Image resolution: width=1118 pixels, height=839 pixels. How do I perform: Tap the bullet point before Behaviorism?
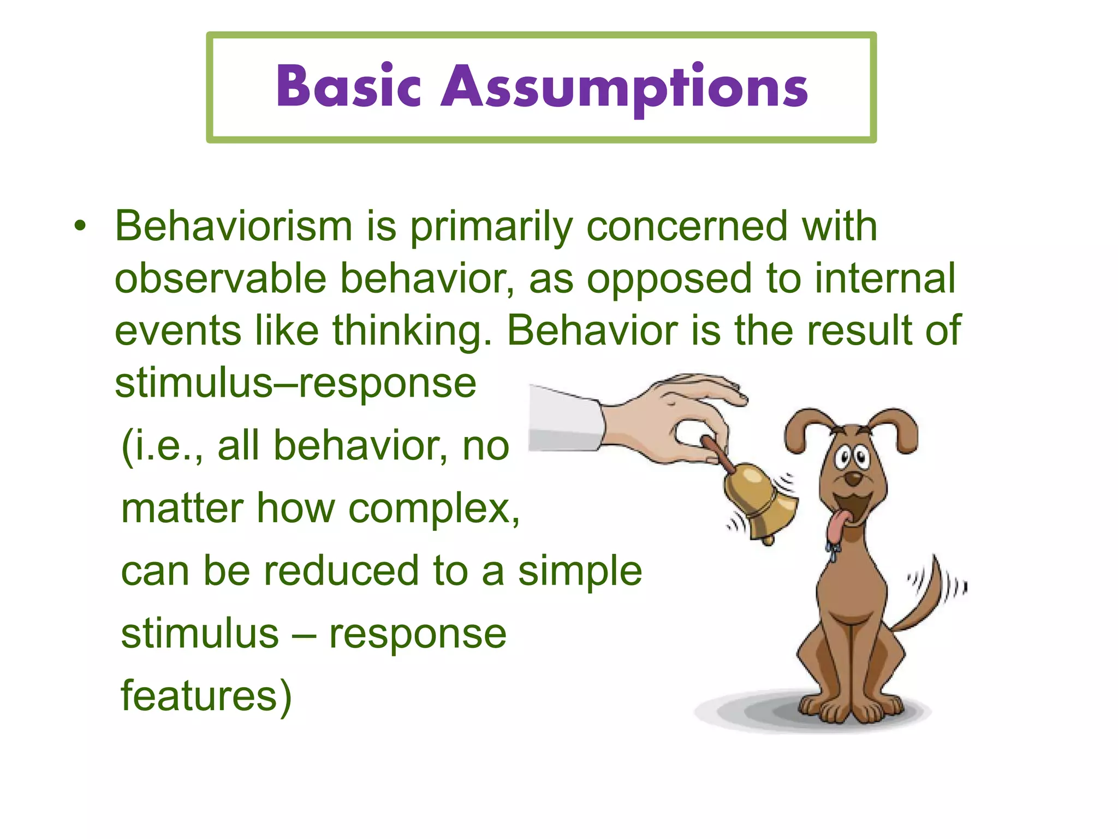[x=80, y=227]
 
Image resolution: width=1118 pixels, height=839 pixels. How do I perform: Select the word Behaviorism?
[x=234, y=226]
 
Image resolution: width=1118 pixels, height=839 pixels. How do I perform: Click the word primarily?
[x=491, y=227]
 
